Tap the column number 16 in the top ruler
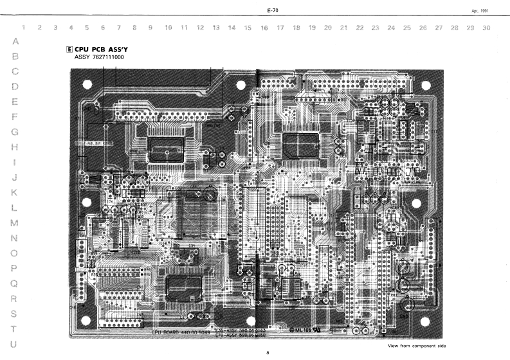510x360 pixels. [x=264, y=28]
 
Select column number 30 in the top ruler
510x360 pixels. [x=486, y=28]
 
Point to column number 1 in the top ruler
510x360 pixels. [x=24, y=28]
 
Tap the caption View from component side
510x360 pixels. [x=416, y=346]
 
